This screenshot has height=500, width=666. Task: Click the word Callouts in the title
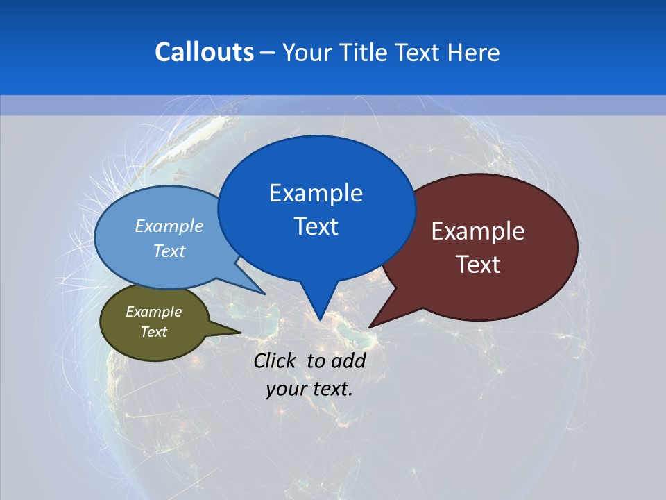coord(205,52)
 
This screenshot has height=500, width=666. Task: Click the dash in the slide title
coord(268,53)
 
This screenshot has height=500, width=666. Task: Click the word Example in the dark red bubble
coord(478,231)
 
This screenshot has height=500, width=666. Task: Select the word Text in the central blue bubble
coord(316,226)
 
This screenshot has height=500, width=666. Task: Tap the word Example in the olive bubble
coord(153,312)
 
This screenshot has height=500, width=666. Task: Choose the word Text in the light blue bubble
coord(169,251)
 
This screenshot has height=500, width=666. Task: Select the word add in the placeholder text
coord(348,360)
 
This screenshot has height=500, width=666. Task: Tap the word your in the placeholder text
coord(287,389)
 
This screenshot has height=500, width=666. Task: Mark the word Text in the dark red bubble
coord(478,265)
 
